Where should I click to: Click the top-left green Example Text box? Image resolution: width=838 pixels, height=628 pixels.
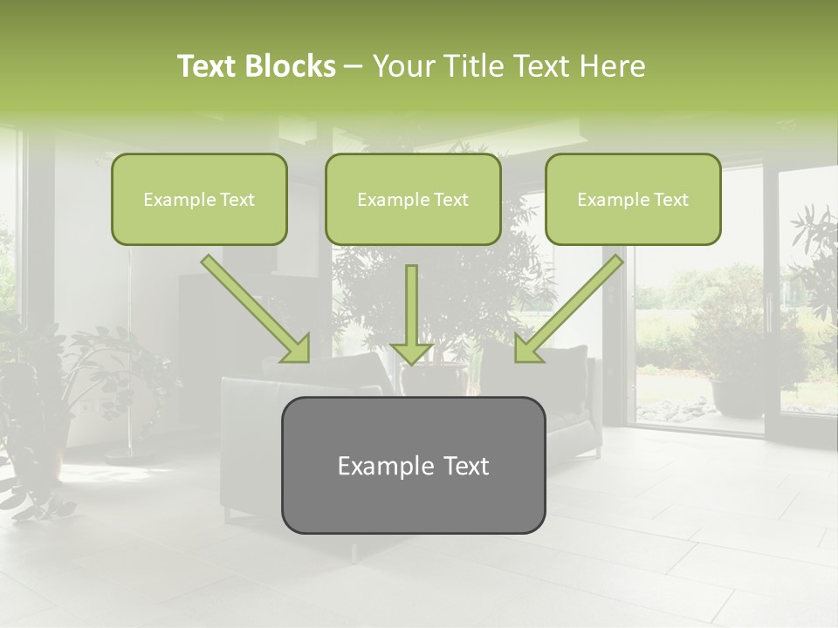pos(199,199)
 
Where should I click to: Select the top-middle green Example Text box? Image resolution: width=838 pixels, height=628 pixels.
pos(413,199)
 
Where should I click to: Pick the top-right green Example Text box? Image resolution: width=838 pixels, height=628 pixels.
pos(633,199)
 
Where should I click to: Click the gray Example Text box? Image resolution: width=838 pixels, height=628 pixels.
pos(413,465)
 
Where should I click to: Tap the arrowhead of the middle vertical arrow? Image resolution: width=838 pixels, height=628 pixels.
pos(412,352)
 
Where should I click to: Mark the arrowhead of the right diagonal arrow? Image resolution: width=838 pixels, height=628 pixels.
pos(527,349)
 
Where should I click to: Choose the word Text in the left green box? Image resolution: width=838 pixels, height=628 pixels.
pos(237,200)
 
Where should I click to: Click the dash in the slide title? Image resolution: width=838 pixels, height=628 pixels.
pos(354,67)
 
